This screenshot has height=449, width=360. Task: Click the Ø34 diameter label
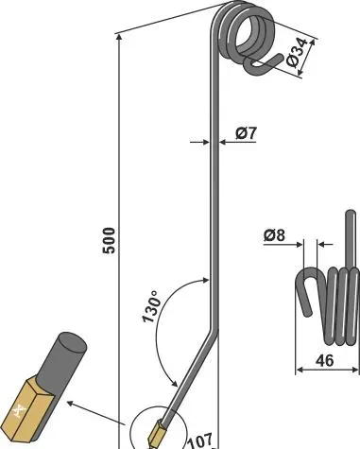(297, 53)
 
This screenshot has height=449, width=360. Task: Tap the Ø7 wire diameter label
(246, 133)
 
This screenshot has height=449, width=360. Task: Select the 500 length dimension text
(109, 240)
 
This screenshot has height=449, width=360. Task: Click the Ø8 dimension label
(274, 235)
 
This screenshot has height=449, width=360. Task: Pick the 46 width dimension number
(324, 360)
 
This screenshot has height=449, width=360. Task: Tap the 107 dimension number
(200, 440)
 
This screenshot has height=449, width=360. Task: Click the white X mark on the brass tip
(19, 411)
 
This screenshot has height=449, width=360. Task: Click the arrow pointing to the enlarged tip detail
(96, 413)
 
